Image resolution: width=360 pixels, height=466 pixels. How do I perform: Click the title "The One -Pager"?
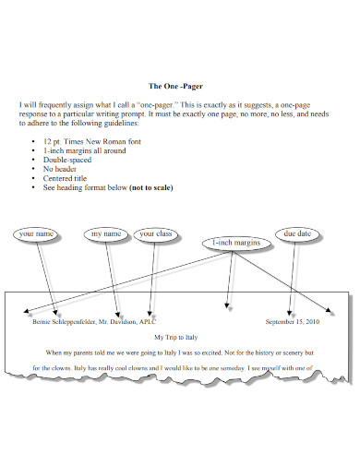pos(179,87)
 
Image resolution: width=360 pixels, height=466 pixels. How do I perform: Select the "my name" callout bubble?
pos(104,234)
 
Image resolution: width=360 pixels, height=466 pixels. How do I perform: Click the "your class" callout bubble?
pos(155,234)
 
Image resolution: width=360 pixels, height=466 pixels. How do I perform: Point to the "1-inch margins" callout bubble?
pos(236,243)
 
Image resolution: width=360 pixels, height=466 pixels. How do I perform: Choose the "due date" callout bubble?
pos(297,234)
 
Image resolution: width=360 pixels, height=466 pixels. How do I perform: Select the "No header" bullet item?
pos(62,169)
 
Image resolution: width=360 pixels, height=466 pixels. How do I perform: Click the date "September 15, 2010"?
pos(291,322)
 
